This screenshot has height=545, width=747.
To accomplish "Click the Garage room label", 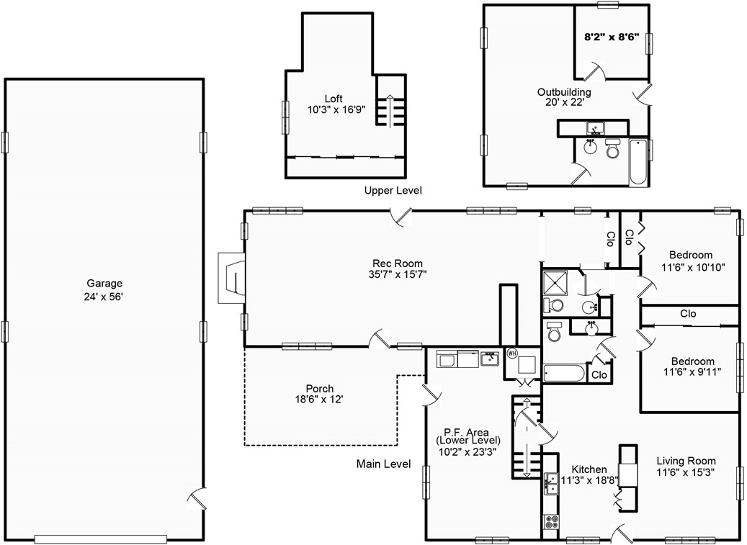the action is coord(104,284).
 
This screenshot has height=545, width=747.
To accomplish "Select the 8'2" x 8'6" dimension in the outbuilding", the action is coord(612,36).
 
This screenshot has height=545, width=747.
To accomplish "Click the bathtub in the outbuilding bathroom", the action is coord(638,162).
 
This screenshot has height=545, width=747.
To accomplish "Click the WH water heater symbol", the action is coord(512,353).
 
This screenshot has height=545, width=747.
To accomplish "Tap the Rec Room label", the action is coord(398,264).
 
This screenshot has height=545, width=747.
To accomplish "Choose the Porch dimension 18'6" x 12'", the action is coord(319,400).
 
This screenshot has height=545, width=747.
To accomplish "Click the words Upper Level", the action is coord(393,191).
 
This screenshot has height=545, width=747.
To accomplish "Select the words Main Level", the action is coord(383,464).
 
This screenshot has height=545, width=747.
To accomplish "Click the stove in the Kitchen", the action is coord(552,521).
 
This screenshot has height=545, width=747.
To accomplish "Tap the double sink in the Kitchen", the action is coord(552,484).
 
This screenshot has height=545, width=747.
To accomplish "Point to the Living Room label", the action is coord(686,461).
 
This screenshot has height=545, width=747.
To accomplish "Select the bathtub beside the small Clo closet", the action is coord(564,373).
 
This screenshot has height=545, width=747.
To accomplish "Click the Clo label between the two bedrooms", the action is coord(688,314).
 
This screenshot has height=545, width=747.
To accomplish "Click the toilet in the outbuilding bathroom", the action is coord(612,149).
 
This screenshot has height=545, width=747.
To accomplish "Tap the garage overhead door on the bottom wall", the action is coord(101,539).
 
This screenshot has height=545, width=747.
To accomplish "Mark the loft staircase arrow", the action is coord(390,110).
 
